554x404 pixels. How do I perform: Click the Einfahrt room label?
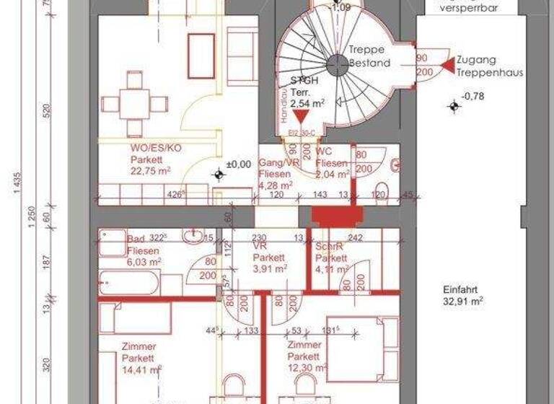[x=460, y=289]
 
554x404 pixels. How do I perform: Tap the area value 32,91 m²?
[x=462, y=302]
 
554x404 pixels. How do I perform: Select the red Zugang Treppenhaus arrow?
[x=447, y=66]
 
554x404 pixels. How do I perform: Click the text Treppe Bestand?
[x=369, y=56]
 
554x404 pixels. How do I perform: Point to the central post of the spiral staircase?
[x=336, y=65]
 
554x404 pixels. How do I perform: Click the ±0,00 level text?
[x=238, y=164]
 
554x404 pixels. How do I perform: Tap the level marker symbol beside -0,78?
[x=454, y=107]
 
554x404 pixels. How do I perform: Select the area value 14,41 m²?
[x=141, y=369]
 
